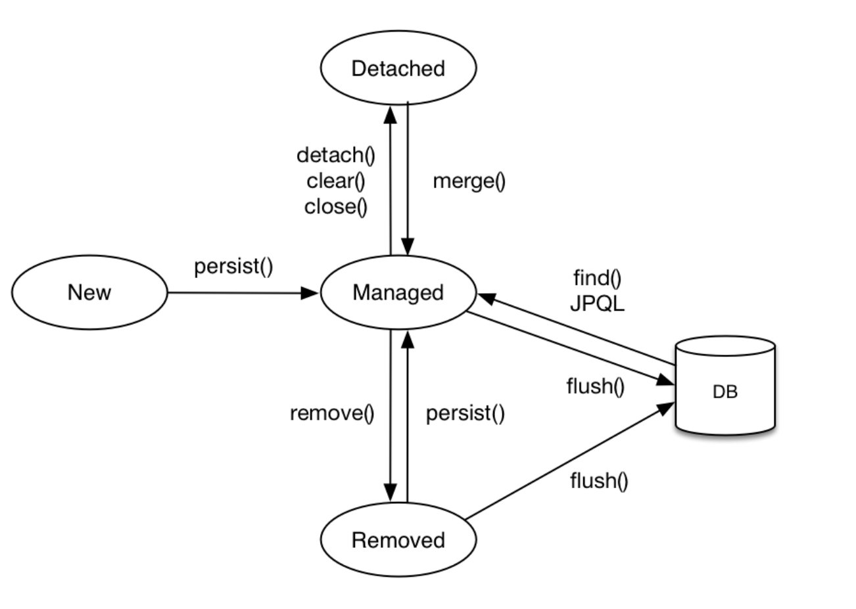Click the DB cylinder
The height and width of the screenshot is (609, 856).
click(x=725, y=386)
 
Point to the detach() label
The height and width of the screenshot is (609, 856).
click(x=336, y=156)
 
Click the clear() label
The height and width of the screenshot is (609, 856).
click(x=336, y=181)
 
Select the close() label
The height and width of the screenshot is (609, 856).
click(x=336, y=207)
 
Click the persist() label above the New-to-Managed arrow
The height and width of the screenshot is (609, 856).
click(x=233, y=266)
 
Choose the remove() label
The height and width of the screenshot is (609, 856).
click(x=332, y=413)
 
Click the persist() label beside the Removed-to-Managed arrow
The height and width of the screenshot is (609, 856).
click(x=465, y=413)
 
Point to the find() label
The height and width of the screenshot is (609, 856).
click(x=597, y=278)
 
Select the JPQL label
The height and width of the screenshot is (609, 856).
click(x=597, y=304)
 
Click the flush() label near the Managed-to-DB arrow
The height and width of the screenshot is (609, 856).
click(x=596, y=386)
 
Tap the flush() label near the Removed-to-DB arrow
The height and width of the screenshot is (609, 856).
click(x=599, y=481)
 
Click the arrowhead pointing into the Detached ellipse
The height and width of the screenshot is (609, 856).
click(x=390, y=114)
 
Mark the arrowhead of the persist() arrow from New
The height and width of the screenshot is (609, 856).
click(x=310, y=293)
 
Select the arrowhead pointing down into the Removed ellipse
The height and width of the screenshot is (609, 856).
click(x=390, y=493)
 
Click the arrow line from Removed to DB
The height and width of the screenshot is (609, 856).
click(x=570, y=461)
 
